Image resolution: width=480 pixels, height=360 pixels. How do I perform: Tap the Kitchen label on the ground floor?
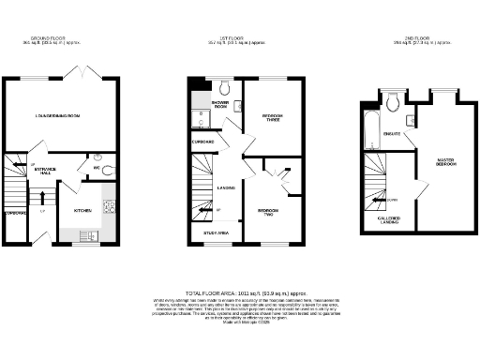click(82, 211)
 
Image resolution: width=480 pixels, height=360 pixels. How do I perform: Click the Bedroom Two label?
click(267, 212)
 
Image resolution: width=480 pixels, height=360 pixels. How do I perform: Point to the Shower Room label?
click(221, 105)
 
